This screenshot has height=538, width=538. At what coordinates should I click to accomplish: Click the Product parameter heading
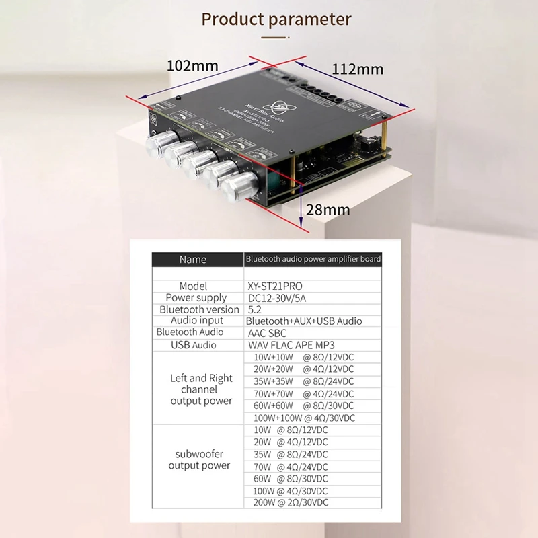(276, 19)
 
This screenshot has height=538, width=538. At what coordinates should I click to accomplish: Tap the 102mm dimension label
(193, 65)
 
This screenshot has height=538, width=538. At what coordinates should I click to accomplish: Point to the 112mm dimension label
(357, 69)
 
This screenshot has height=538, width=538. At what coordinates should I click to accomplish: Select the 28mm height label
(328, 210)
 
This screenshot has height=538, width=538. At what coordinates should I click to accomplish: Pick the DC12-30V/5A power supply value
(281, 298)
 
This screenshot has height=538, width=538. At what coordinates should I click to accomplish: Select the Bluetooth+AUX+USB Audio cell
(304, 321)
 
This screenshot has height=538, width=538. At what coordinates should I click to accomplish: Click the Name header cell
(193, 260)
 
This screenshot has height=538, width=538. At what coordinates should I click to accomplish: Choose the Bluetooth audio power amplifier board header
(313, 259)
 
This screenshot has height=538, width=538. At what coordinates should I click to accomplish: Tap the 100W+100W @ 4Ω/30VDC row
(303, 418)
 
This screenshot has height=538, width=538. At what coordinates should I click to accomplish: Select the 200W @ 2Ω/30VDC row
(291, 502)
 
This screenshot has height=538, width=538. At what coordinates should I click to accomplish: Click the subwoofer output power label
(200, 459)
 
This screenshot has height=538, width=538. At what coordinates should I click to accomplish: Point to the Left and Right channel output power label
(200, 389)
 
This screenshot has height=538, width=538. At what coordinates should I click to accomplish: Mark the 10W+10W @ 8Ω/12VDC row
(303, 357)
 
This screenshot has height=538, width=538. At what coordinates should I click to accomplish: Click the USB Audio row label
(194, 345)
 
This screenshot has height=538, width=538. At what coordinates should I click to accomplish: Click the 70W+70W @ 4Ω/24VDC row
(303, 393)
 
